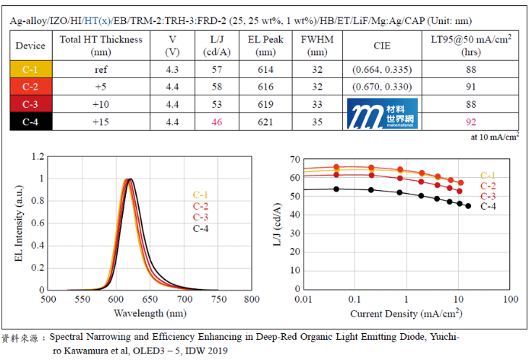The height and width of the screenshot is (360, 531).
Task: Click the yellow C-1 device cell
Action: coord(30,69)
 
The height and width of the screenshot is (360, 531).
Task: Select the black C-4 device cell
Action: coord(30,121)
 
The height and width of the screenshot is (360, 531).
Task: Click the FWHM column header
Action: coord(317,46)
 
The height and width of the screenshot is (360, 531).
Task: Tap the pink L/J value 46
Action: coord(216,121)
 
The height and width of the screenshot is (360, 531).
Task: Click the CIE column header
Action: coord(382,46)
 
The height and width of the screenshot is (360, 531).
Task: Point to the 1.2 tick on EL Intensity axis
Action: coord(38,156)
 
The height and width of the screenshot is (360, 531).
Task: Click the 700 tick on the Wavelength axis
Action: coord(184,298)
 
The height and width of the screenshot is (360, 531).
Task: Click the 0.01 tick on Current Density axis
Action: coord(302,298)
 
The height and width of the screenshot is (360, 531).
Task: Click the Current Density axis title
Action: coord(406,314)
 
